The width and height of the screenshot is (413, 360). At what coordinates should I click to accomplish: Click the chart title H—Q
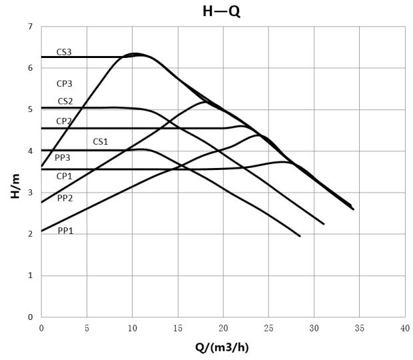[x=221, y=11]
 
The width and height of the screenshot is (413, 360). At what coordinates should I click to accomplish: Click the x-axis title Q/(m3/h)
[x=222, y=347]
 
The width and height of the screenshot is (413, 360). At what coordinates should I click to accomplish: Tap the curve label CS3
[x=64, y=51]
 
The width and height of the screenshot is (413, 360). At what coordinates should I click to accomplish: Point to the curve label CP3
[x=65, y=84]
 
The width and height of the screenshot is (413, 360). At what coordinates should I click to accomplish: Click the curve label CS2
[x=65, y=101]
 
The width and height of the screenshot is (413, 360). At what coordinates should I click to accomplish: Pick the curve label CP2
[x=64, y=121]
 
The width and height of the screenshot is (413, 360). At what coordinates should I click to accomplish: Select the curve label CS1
[x=101, y=141]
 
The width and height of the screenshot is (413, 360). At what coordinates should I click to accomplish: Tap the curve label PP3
[x=63, y=157]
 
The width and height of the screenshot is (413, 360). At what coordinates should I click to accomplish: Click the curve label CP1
[x=65, y=176]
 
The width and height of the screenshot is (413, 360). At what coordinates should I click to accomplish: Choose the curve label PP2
[x=65, y=198]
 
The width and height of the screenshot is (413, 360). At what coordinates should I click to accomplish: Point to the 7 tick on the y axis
[x=30, y=27]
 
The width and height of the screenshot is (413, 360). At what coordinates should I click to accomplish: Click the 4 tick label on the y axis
[x=30, y=151]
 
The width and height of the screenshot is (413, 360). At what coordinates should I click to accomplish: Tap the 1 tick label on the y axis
[x=30, y=276]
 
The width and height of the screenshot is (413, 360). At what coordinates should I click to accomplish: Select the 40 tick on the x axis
[x=405, y=328]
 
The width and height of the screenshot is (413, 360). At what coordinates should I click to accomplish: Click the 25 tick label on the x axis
[x=268, y=328]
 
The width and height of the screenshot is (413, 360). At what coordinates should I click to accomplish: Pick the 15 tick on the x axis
[x=178, y=328]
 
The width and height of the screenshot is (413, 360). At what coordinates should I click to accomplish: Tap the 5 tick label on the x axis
[x=87, y=328]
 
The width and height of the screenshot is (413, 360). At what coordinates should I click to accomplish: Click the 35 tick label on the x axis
[x=360, y=328]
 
